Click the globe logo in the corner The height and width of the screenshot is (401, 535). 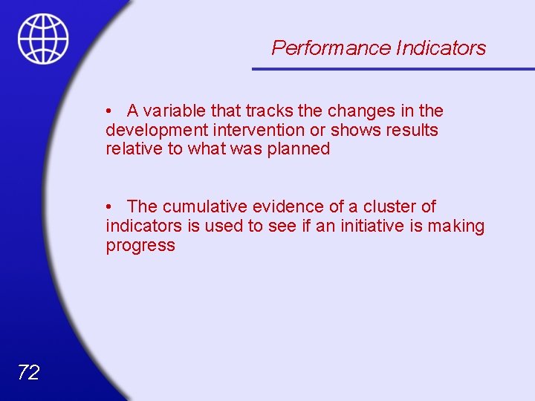click(x=43, y=39)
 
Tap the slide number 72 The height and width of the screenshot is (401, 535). click(x=28, y=373)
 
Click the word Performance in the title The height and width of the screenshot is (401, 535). click(x=331, y=48)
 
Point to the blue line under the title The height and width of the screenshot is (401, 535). click(x=393, y=69)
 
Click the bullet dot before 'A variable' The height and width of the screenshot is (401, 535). click(x=108, y=111)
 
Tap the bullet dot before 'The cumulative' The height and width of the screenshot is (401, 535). click(x=108, y=206)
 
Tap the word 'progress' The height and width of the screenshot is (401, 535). click(x=140, y=246)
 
